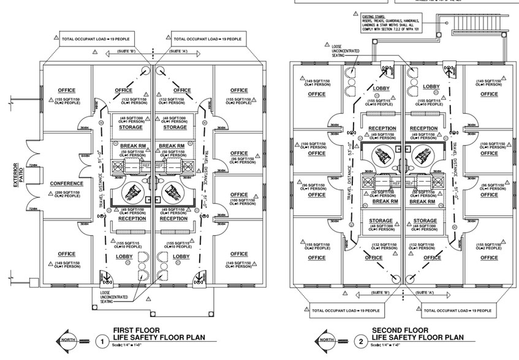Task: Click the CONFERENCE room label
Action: pos(66,182)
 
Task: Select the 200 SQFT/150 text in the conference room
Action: pos(66,192)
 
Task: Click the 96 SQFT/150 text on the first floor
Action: pos(240,159)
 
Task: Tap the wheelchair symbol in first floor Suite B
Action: pos(131,194)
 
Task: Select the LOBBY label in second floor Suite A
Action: pos(431,87)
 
